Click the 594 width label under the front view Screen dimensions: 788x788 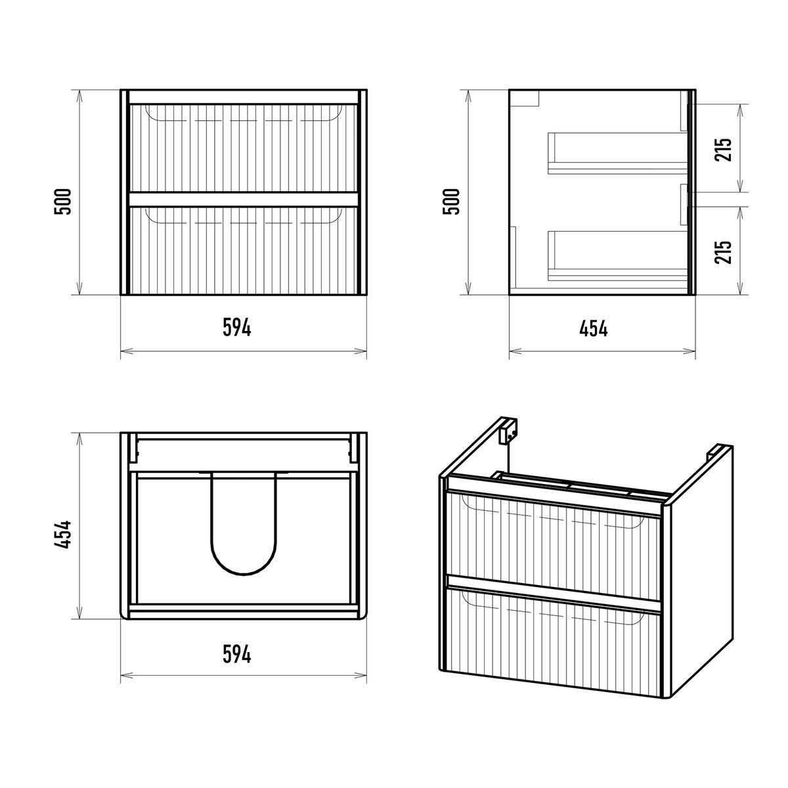[x=237, y=328]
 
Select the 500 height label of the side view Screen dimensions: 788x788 [x=451, y=201]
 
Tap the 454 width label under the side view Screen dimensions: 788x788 [x=594, y=328]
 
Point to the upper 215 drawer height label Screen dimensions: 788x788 [x=723, y=149]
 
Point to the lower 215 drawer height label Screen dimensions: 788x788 [x=723, y=252]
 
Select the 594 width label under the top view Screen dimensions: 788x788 [x=237, y=654]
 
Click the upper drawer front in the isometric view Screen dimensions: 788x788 [x=554, y=547]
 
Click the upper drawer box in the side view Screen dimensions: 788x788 [x=617, y=153]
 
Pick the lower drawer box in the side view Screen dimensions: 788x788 [x=617, y=256]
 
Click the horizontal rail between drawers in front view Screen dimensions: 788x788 [x=244, y=199]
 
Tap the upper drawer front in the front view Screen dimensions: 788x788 [x=244, y=148]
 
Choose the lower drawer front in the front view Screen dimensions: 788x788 [x=244, y=250]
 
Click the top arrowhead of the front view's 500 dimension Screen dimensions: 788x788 [x=79, y=95]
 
